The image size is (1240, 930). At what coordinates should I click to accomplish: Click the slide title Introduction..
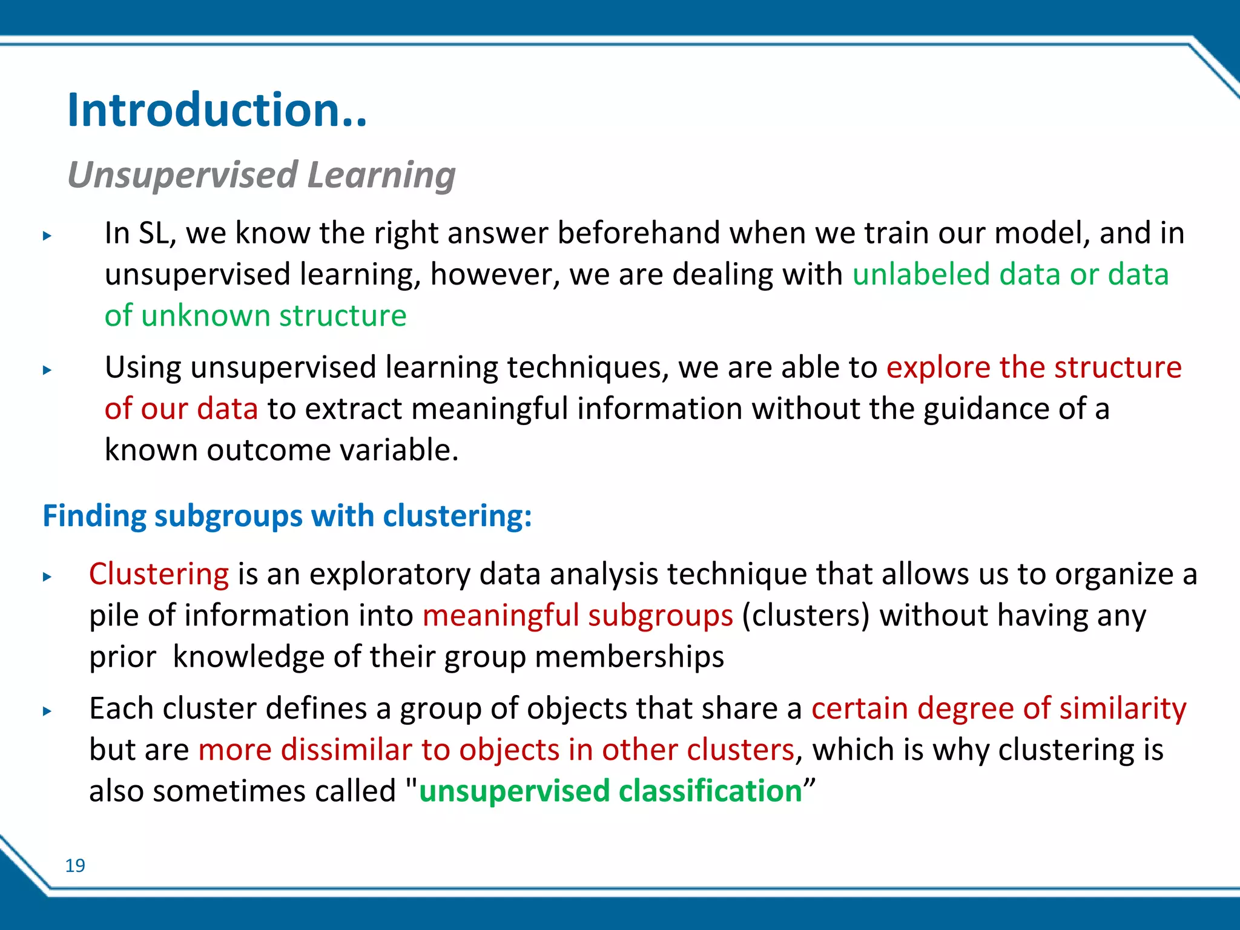click(x=216, y=110)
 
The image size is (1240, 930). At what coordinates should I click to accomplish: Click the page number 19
click(x=75, y=865)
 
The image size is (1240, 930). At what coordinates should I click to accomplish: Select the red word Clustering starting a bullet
click(x=159, y=573)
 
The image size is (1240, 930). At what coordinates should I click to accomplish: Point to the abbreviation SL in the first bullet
click(x=154, y=233)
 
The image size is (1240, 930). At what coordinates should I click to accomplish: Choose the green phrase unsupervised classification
click(x=610, y=791)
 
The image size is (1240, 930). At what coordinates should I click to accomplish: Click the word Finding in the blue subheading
click(x=94, y=516)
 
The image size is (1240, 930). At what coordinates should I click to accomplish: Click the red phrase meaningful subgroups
click(x=578, y=615)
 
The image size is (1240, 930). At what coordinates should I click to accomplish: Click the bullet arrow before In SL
click(x=47, y=236)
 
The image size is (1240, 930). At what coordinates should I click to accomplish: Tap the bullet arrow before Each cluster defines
click(x=47, y=711)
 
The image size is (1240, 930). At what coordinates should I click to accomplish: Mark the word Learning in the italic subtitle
click(x=381, y=175)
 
